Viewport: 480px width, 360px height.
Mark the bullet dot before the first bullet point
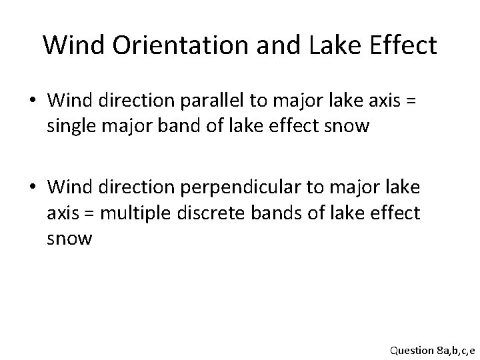click(33, 101)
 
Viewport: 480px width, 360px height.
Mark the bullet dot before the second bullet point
click(33, 189)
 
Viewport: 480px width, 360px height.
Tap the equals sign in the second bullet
click(93, 213)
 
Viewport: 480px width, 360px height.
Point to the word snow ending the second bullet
click(69, 238)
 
